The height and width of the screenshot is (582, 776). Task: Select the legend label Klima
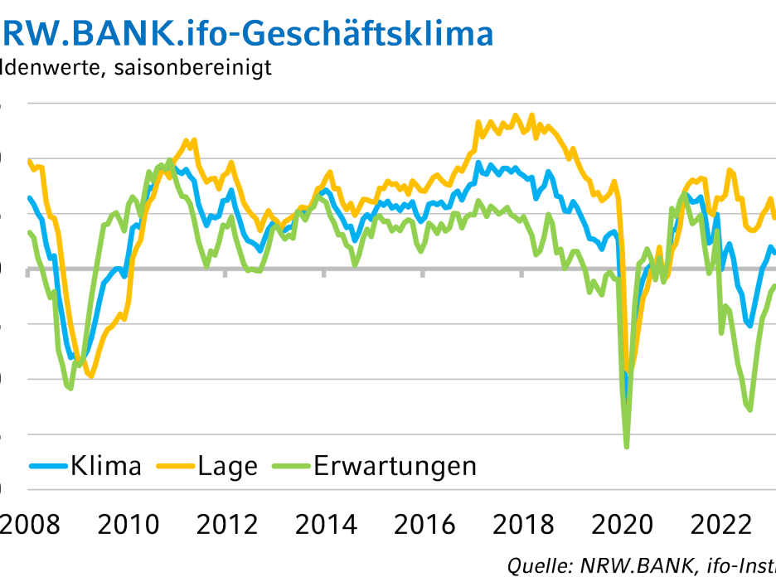[x=106, y=466]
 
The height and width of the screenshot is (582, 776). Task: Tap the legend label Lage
[x=228, y=466]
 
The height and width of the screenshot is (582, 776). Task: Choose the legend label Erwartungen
[x=395, y=466]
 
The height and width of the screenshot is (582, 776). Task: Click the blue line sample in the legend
[x=49, y=466]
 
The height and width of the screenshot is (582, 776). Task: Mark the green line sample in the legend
[x=291, y=466]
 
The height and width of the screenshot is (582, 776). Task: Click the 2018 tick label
[x=522, y=525]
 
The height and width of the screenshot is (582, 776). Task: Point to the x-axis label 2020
[x=621, y=525]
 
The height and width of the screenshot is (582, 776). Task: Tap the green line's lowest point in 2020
[x=626, y=447]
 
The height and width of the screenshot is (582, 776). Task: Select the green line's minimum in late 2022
[x=750, y=410]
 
